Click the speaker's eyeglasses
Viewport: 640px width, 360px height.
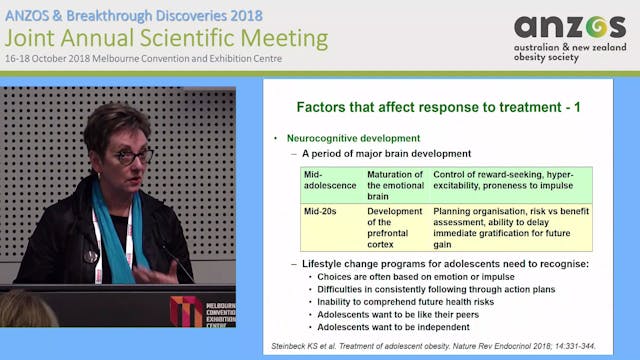[x=134, y=156]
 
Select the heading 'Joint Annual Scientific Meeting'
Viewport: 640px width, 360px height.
[x=166, y=38]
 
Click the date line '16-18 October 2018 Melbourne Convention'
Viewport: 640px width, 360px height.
[x=143, y=58]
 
